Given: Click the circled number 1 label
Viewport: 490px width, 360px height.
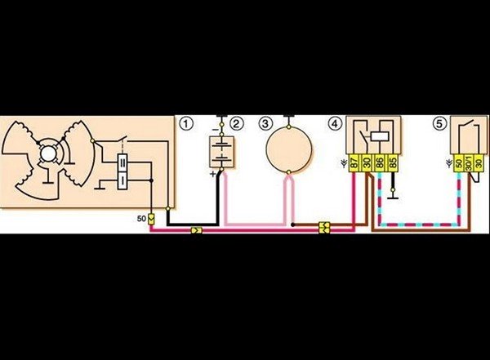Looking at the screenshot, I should [x=186, y=124].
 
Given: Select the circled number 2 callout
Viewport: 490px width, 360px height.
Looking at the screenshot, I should [x=236, y=124].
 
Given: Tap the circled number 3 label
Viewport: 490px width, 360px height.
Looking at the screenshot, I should [x=265, y=124].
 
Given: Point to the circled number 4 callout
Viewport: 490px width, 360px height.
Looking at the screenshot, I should [x=334, y=124].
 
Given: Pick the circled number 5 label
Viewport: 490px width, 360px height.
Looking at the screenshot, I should [x=440, y=124].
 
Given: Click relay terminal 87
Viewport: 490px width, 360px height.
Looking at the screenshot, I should [x=354, y=163].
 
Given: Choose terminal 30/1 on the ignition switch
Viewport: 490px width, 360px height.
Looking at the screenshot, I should [x=468, y=163].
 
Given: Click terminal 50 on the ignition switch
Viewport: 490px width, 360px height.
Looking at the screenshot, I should [x=457, y=163].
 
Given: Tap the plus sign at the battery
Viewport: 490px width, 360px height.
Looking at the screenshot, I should [x=212, y=174].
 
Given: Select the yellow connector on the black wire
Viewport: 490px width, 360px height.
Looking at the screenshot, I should [x=196, y=231].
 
